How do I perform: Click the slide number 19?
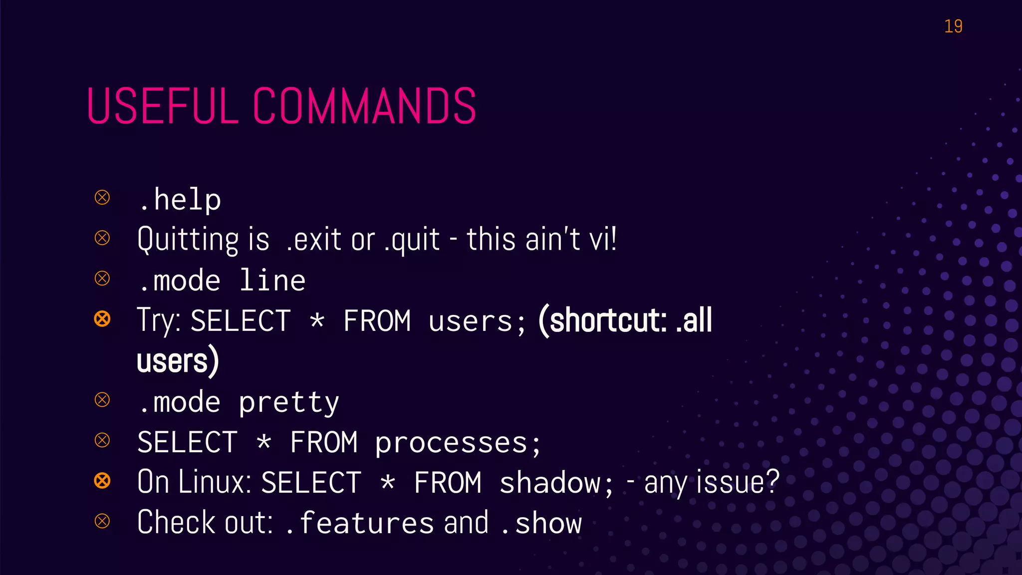(x=953, y=26)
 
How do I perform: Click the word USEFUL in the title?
(x=163, y=106)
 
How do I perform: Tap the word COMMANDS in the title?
(x=364, y=106)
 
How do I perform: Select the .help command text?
(x=180, y=200)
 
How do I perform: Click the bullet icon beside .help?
(x=102, y=198)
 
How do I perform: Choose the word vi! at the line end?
(x=603, y=239)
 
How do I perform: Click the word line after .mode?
(x=272, y=281)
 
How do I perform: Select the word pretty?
(x=289, y=402)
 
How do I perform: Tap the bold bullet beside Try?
(x=102, y=318)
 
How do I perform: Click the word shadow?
(x=556, y=483)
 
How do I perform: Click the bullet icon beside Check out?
(x=102, y=521)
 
